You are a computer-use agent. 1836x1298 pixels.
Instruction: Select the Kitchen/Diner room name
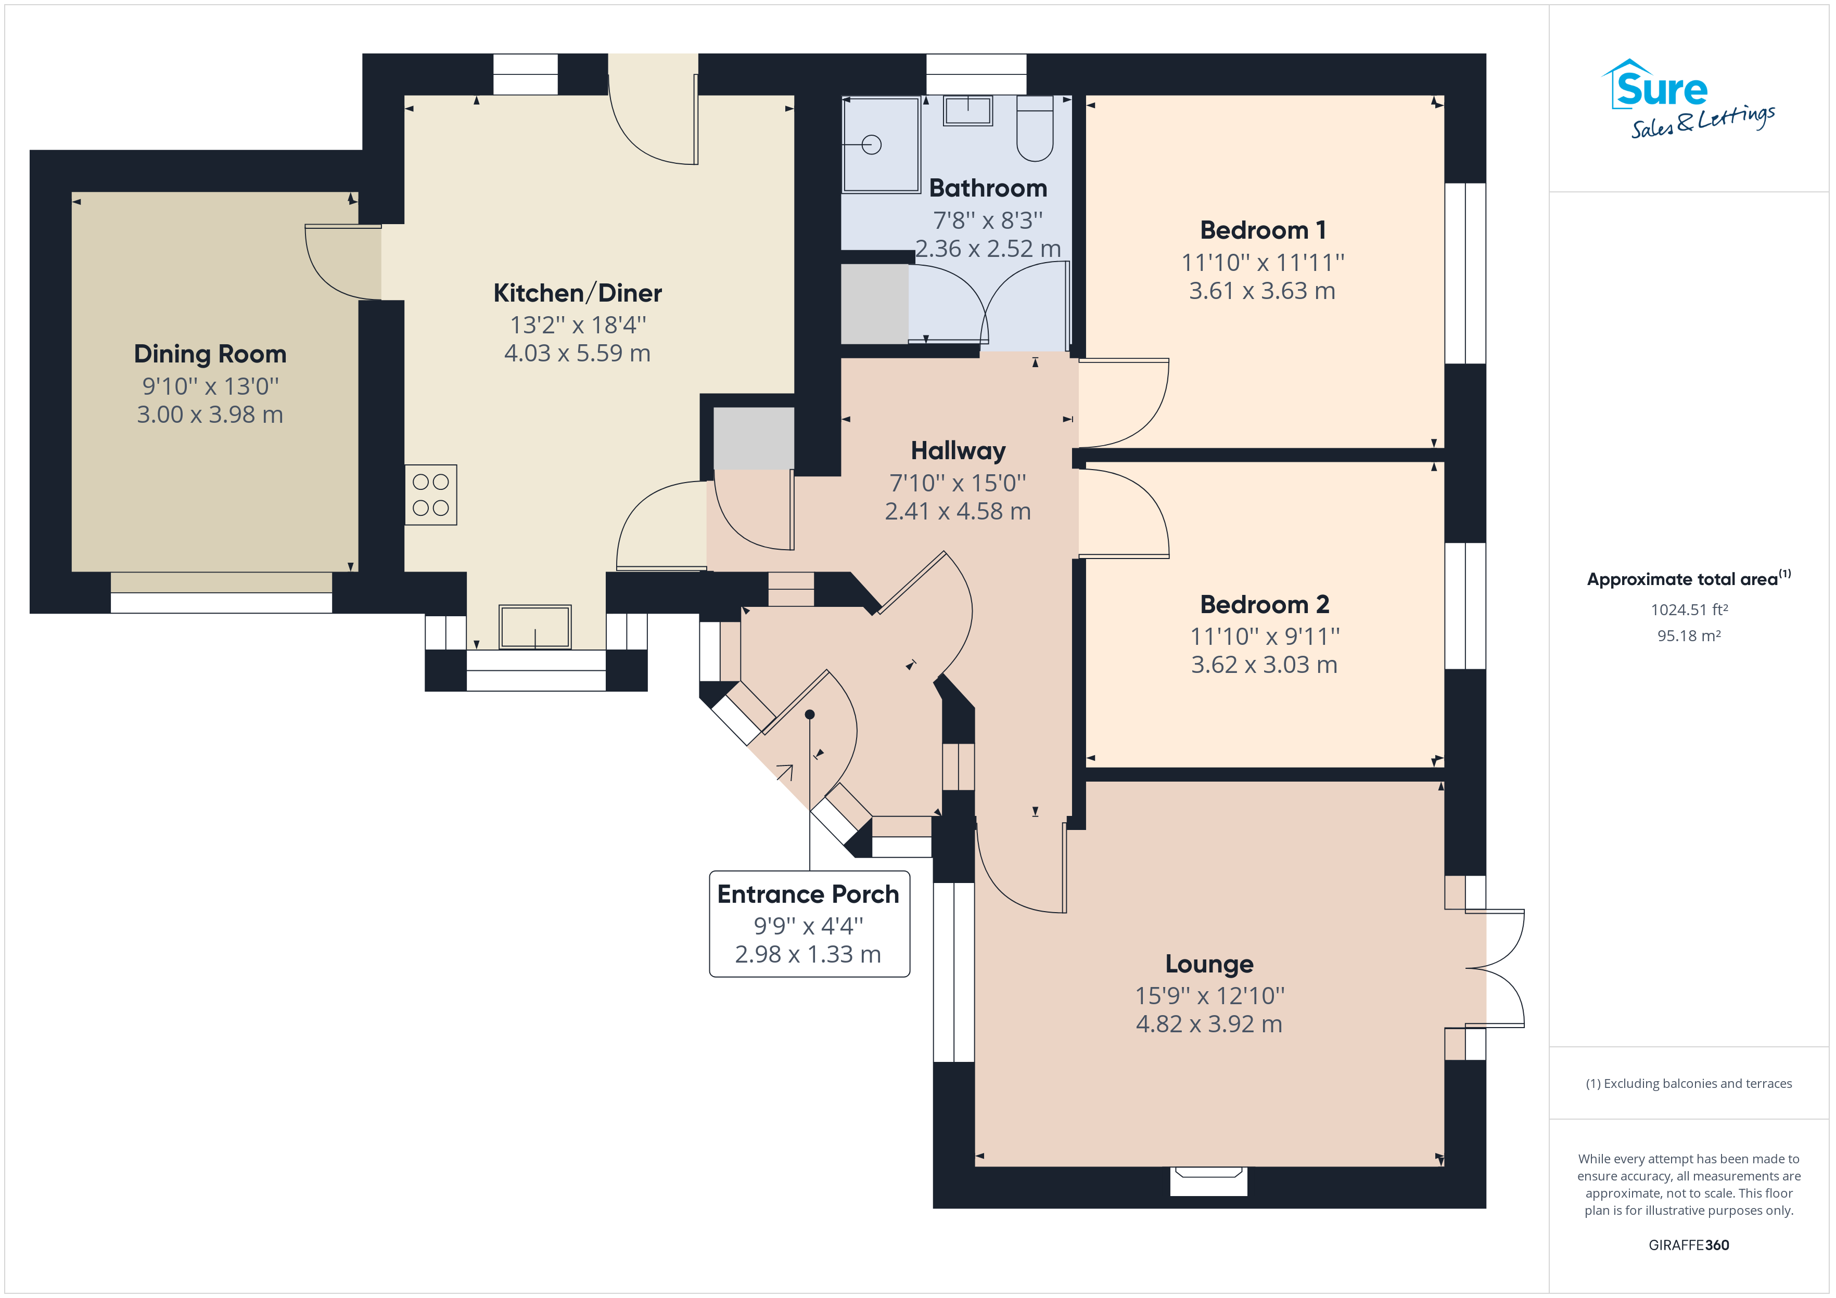[x=577, y=293]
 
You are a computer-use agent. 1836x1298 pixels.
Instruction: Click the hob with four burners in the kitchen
[x=430, y=495]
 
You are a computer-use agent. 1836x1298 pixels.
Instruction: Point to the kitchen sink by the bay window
[x=535, y=627]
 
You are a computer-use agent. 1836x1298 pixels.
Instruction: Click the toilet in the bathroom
[x=1035, y=128]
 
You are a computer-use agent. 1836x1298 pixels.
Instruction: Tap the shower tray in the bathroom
[x=881, y=145]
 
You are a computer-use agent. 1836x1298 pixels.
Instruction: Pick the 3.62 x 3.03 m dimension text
[x=1264, y=664]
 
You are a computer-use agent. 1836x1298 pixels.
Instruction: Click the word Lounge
[x=1209, y=965]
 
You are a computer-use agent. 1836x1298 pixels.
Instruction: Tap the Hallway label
[x=958, y=451]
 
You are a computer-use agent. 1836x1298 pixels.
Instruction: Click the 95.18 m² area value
[x=1689, y=635]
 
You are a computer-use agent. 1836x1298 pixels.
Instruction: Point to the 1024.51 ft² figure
[x=1689, y=610]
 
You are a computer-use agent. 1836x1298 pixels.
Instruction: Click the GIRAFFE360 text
[x=1689, y=1244]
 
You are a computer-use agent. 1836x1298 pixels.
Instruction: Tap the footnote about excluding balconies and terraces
[x=1689, y=1083]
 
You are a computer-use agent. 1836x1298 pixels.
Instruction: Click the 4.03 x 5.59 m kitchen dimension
[x=577, y=353]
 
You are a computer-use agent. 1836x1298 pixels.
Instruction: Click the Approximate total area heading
[x=1689, y=579]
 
